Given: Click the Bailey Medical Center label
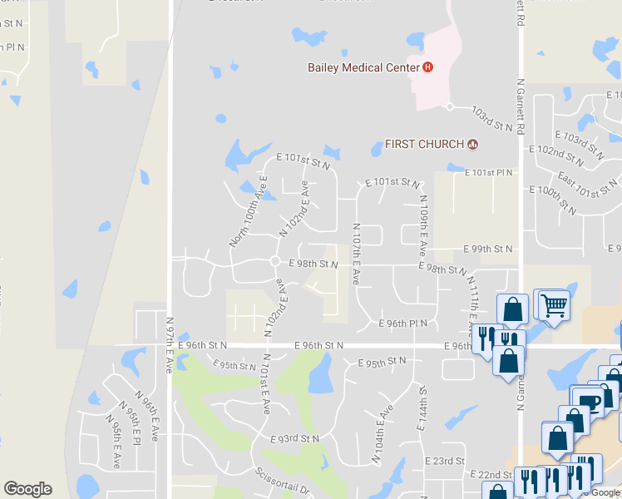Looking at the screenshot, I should tap(363, 67).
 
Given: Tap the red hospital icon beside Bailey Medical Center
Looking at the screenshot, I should tap(428, 67).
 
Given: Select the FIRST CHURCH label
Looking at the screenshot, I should tap(423, 144).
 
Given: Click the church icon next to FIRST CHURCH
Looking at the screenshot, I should tap(473, 144).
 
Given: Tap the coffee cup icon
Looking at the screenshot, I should tap(590, 402).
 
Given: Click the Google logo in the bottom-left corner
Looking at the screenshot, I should tap(27, 489).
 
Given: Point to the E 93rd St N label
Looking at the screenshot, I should tap(294, 438).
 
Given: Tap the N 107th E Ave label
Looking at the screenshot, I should tap(357, 254).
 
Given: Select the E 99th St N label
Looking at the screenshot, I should tap(488, 249).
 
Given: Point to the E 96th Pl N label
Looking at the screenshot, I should tap(402, 324).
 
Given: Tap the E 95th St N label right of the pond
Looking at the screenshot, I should tap(382, 362).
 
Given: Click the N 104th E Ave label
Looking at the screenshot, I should tap(382, 434).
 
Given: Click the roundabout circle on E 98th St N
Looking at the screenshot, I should tap(274, 261).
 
